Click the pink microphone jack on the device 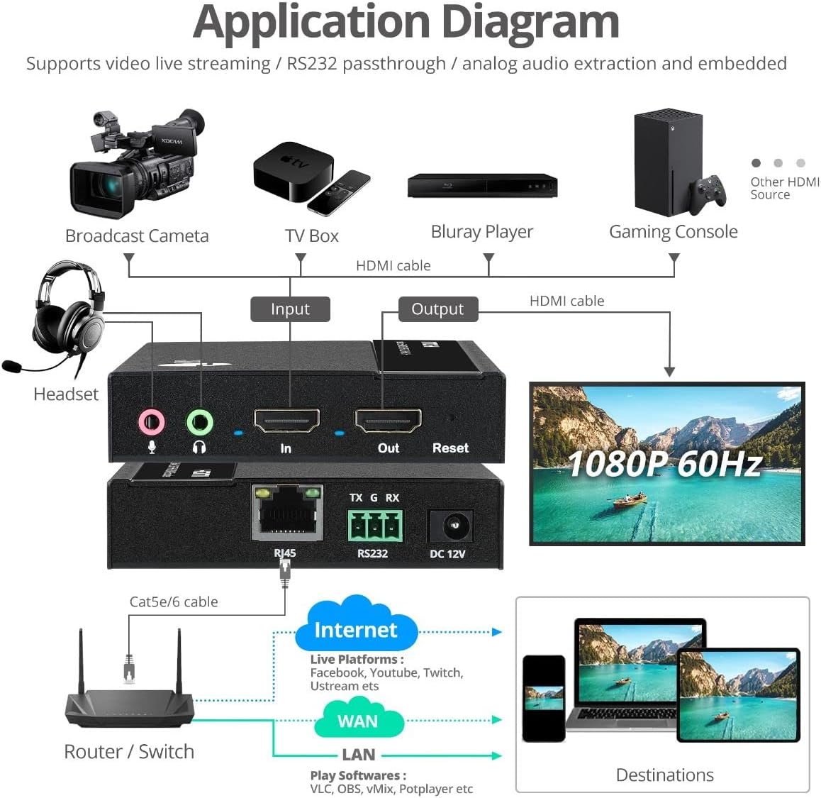[151, 423]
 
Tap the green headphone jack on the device [199, 423]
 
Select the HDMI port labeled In [286, 421]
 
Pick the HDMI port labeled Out [388, 421]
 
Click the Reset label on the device [450, 448]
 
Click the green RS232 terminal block [374, 526]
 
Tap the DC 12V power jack [450, 527]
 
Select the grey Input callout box [290, 309]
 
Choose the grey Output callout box [437, 309]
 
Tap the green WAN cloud [358, 720]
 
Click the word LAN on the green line [358, 755]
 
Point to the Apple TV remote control [339, 192]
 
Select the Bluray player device [482, 186]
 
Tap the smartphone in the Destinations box [544, 698]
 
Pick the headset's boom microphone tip [11, 367]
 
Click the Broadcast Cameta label [137, 236]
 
